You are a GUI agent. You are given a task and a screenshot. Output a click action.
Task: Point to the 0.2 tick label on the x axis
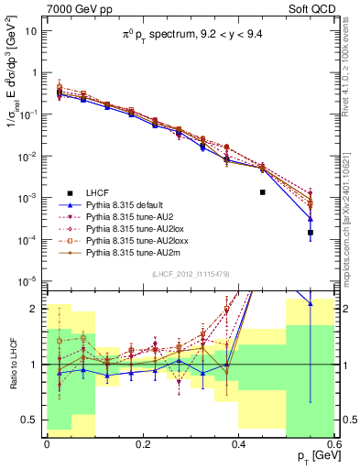click(142, 443)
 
